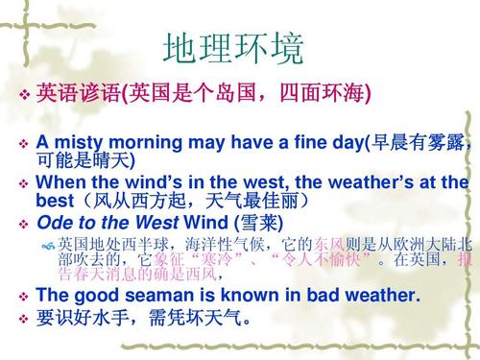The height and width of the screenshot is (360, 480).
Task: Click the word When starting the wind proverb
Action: pyautogui.click(x=59, y=182)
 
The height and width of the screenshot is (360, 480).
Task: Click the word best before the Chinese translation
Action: pyautogui.click(x=54, y=201)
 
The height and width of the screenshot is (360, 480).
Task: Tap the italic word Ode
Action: pyautogui.click(x=53, y=222)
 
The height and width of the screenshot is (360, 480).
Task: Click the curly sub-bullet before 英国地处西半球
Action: pyautogui.click(x=49, y=244)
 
